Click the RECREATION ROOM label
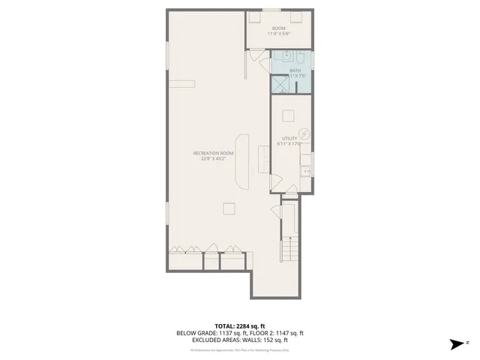click(217, 153)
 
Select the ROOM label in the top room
click(278, 28)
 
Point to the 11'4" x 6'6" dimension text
click(278, 34)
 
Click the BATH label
click(284, 70)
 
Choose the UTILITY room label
click(289, 138)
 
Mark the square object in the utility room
click(289, 116)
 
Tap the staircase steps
click(289, 247)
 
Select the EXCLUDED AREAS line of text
click(239, 340)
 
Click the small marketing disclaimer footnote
click(239, 349)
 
